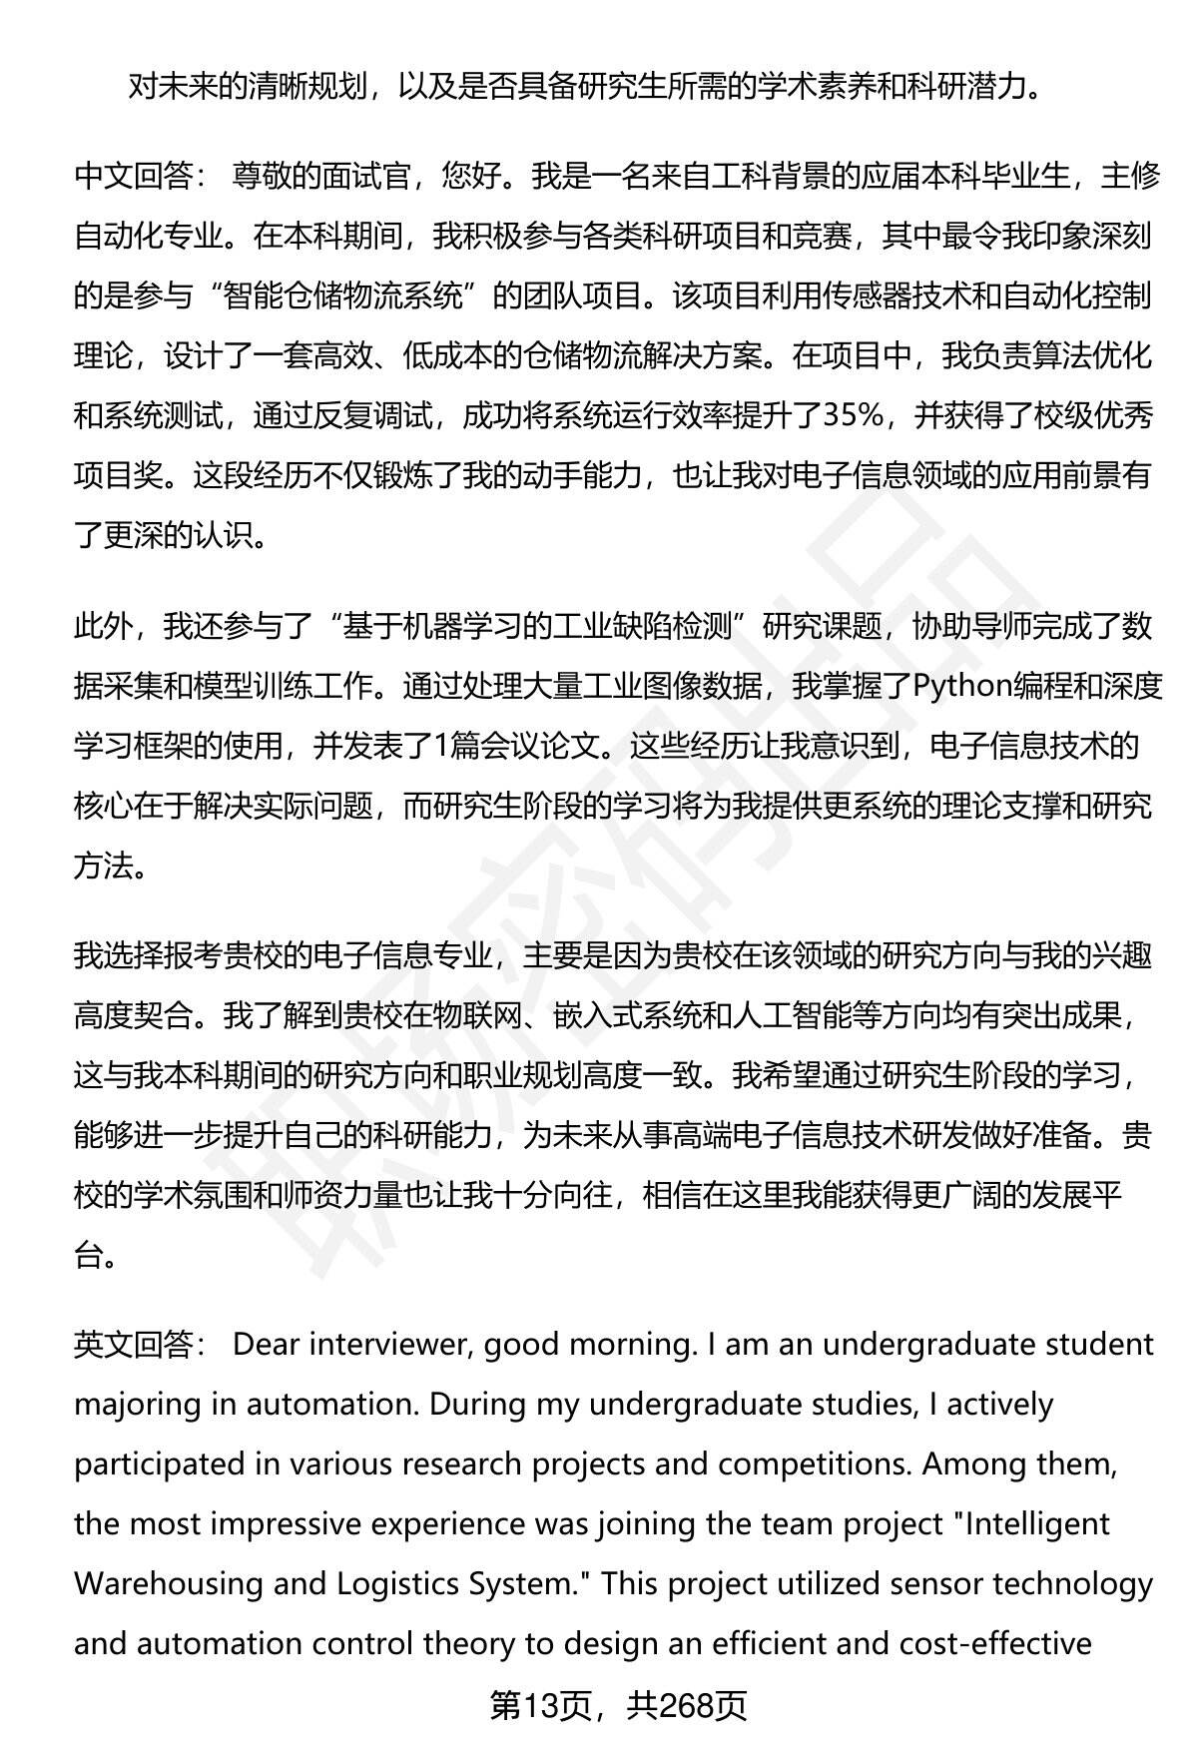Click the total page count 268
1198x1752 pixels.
coord(684,1706)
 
